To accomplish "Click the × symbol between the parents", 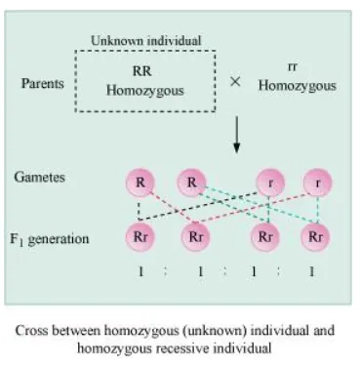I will coord(235,82).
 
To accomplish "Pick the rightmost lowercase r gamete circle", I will coord(315,183).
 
